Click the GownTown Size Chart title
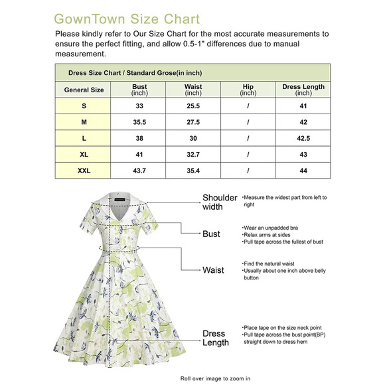(x=126, y=18)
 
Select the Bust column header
(x=139, y=90)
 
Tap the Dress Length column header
(x=303, y=90)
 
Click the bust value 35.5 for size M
(x=139, y=122)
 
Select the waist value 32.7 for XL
(x=193, y=155)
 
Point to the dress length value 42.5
(x=303, y=139)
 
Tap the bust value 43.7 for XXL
(x=139, y=171)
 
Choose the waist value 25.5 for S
(x=193, y=106)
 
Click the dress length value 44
(x=303, y=171)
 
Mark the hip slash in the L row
(x=248, y=139)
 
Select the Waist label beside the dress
(x=213, y=270)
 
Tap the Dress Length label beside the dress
(x=215, y=338)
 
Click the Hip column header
(x=248, y=90)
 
